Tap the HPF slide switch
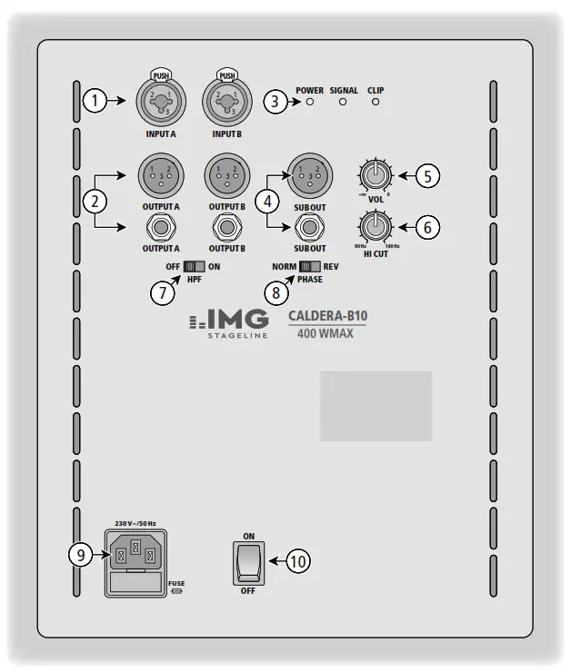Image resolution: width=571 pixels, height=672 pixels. (193, 267)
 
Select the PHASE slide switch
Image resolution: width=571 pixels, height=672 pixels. (309, 267)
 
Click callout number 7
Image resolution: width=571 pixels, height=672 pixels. (163, 292)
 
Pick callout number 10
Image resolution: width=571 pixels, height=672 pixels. (297, 561)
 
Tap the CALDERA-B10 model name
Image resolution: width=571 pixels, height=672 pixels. (327, 317)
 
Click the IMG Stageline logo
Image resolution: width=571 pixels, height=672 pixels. (228, 323)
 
